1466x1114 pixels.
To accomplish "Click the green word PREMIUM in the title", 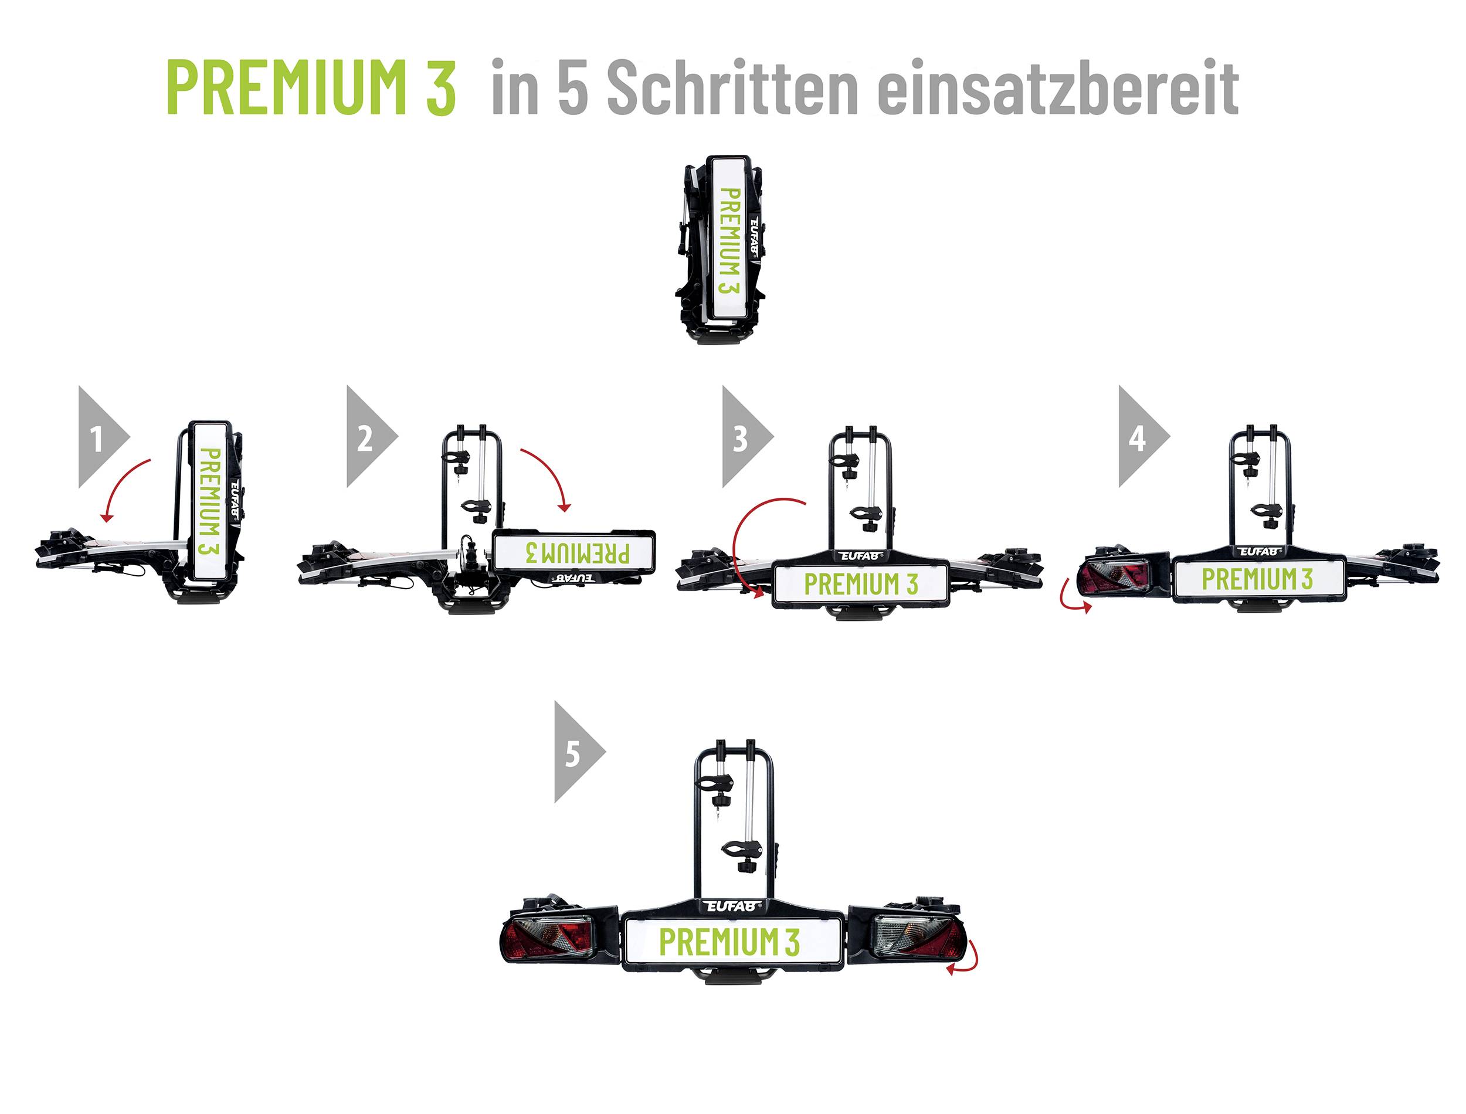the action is coord(285,87).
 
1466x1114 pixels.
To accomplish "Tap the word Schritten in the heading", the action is coord(732,87).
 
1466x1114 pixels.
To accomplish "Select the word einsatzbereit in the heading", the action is coord(1057,87).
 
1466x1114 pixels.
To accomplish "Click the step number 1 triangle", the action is coord(100,437).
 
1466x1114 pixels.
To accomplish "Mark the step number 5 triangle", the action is coord(575,753).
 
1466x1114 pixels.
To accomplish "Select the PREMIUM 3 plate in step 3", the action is coord(861,584).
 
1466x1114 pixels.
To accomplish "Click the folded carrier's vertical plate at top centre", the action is coord(729,239).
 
